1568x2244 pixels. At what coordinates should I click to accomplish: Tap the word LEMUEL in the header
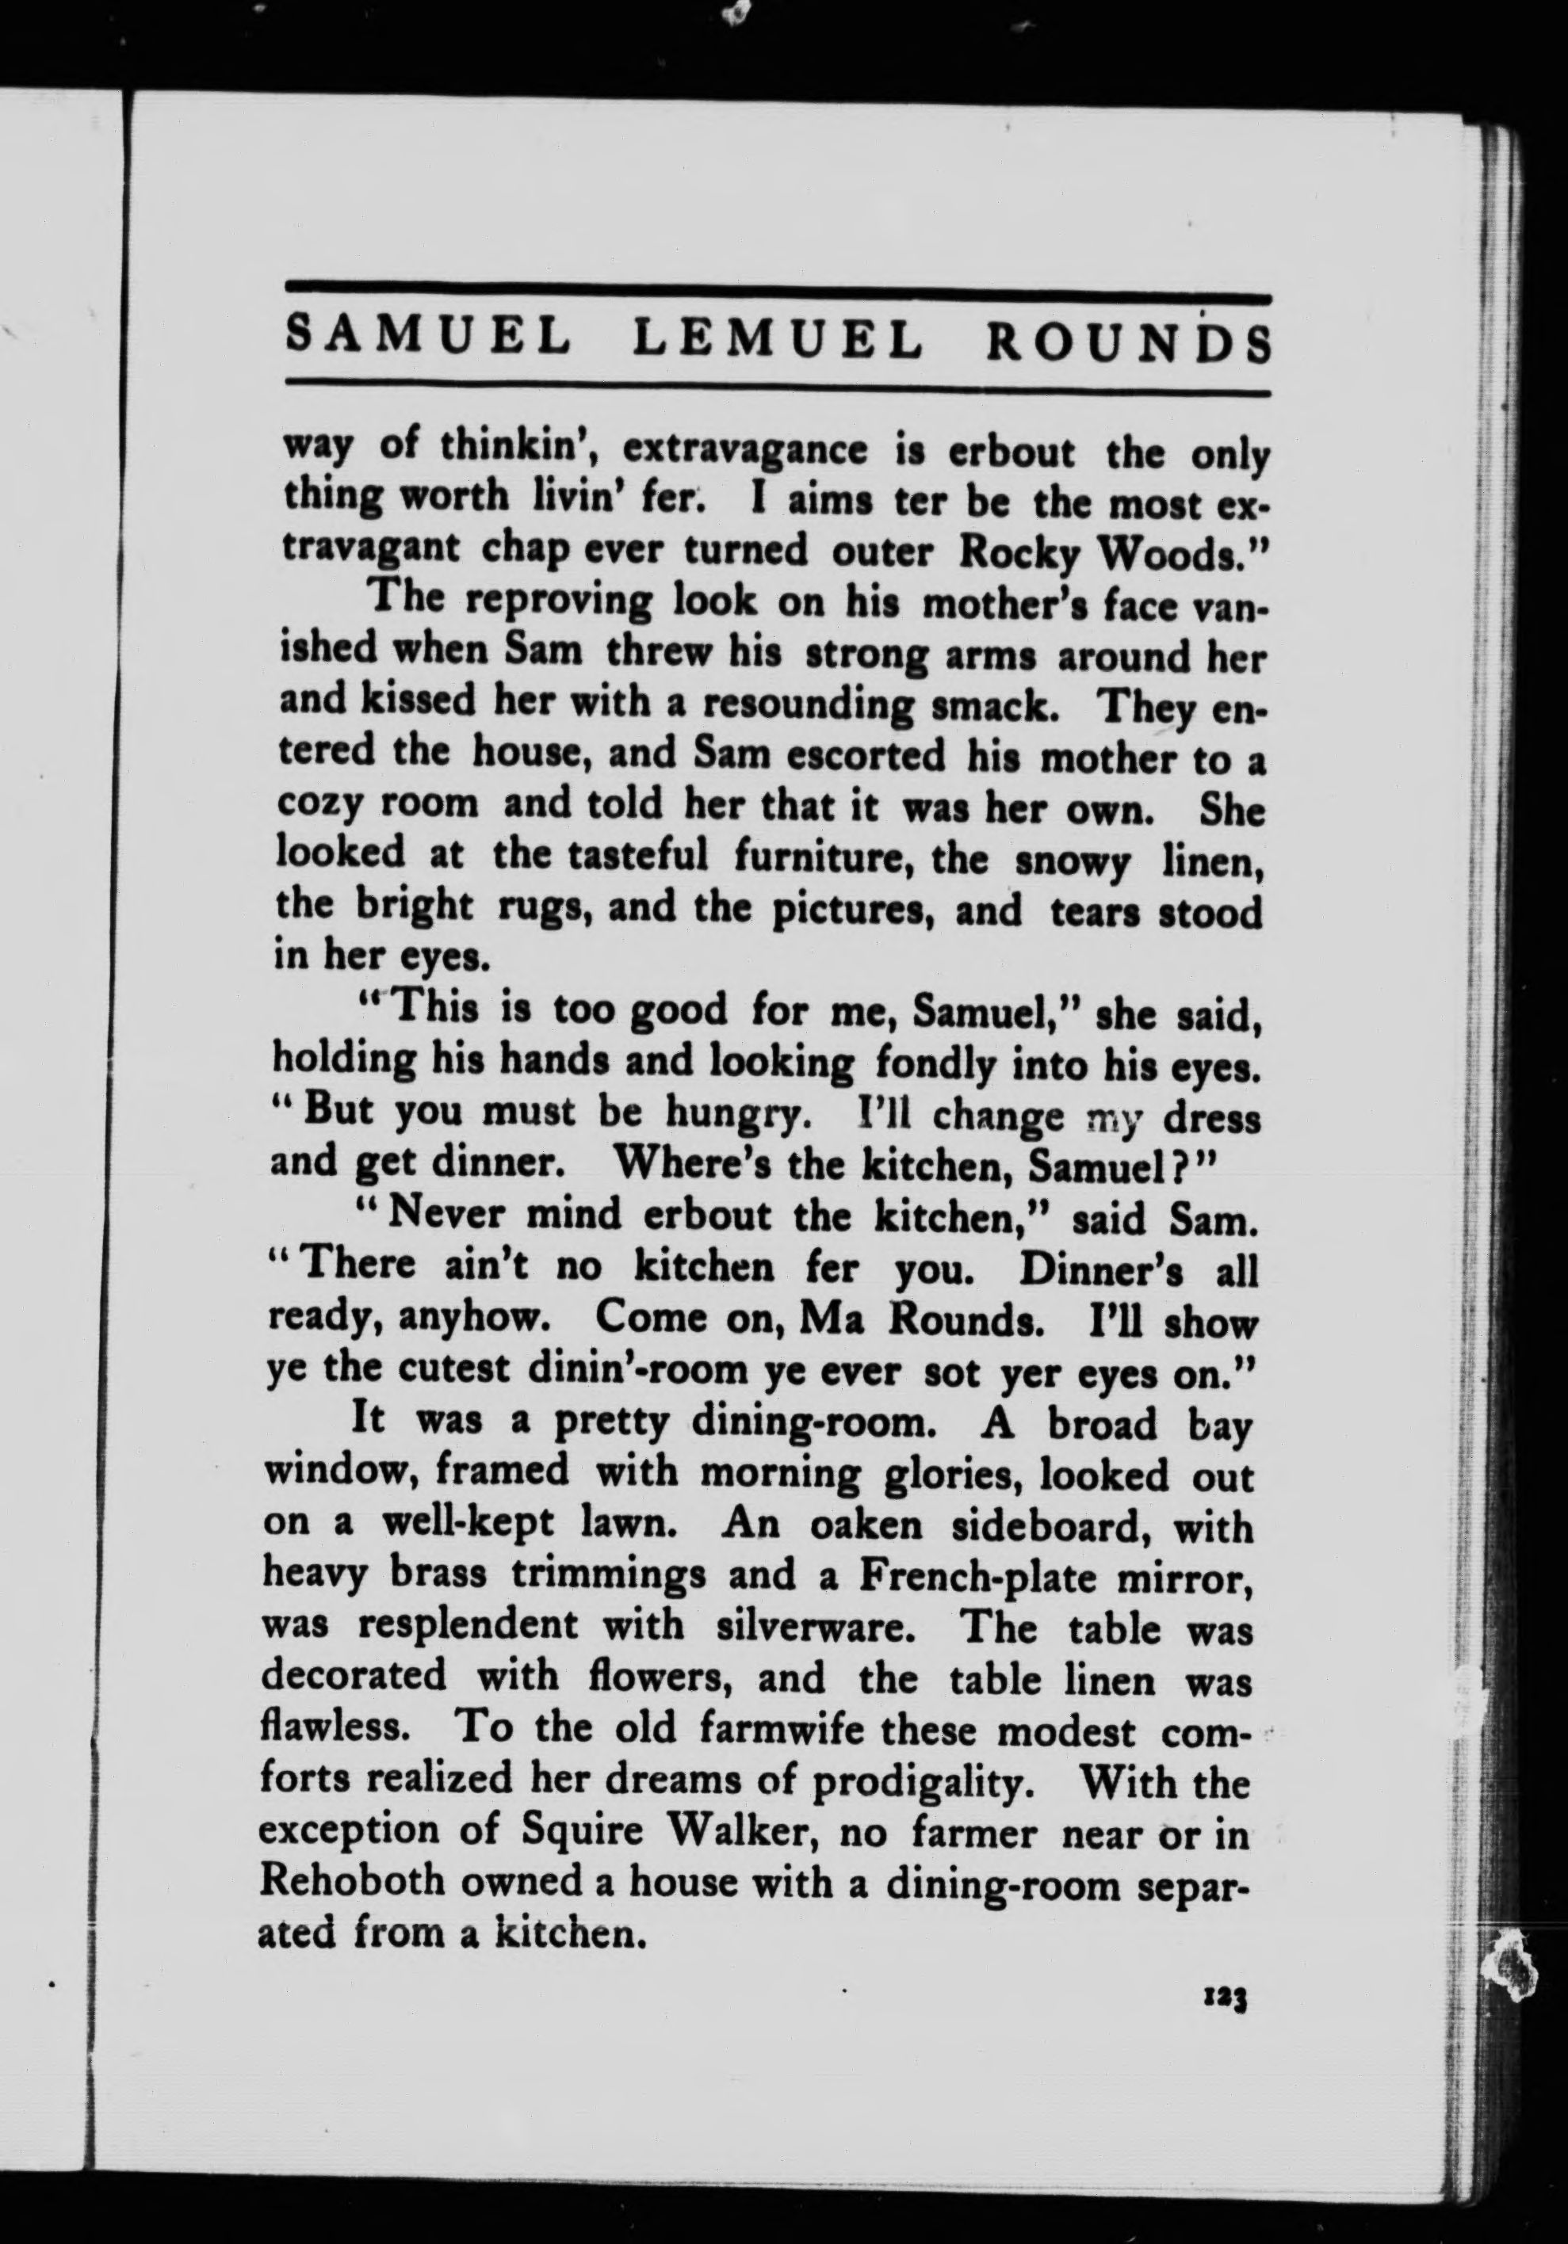(x=777, y=340)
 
